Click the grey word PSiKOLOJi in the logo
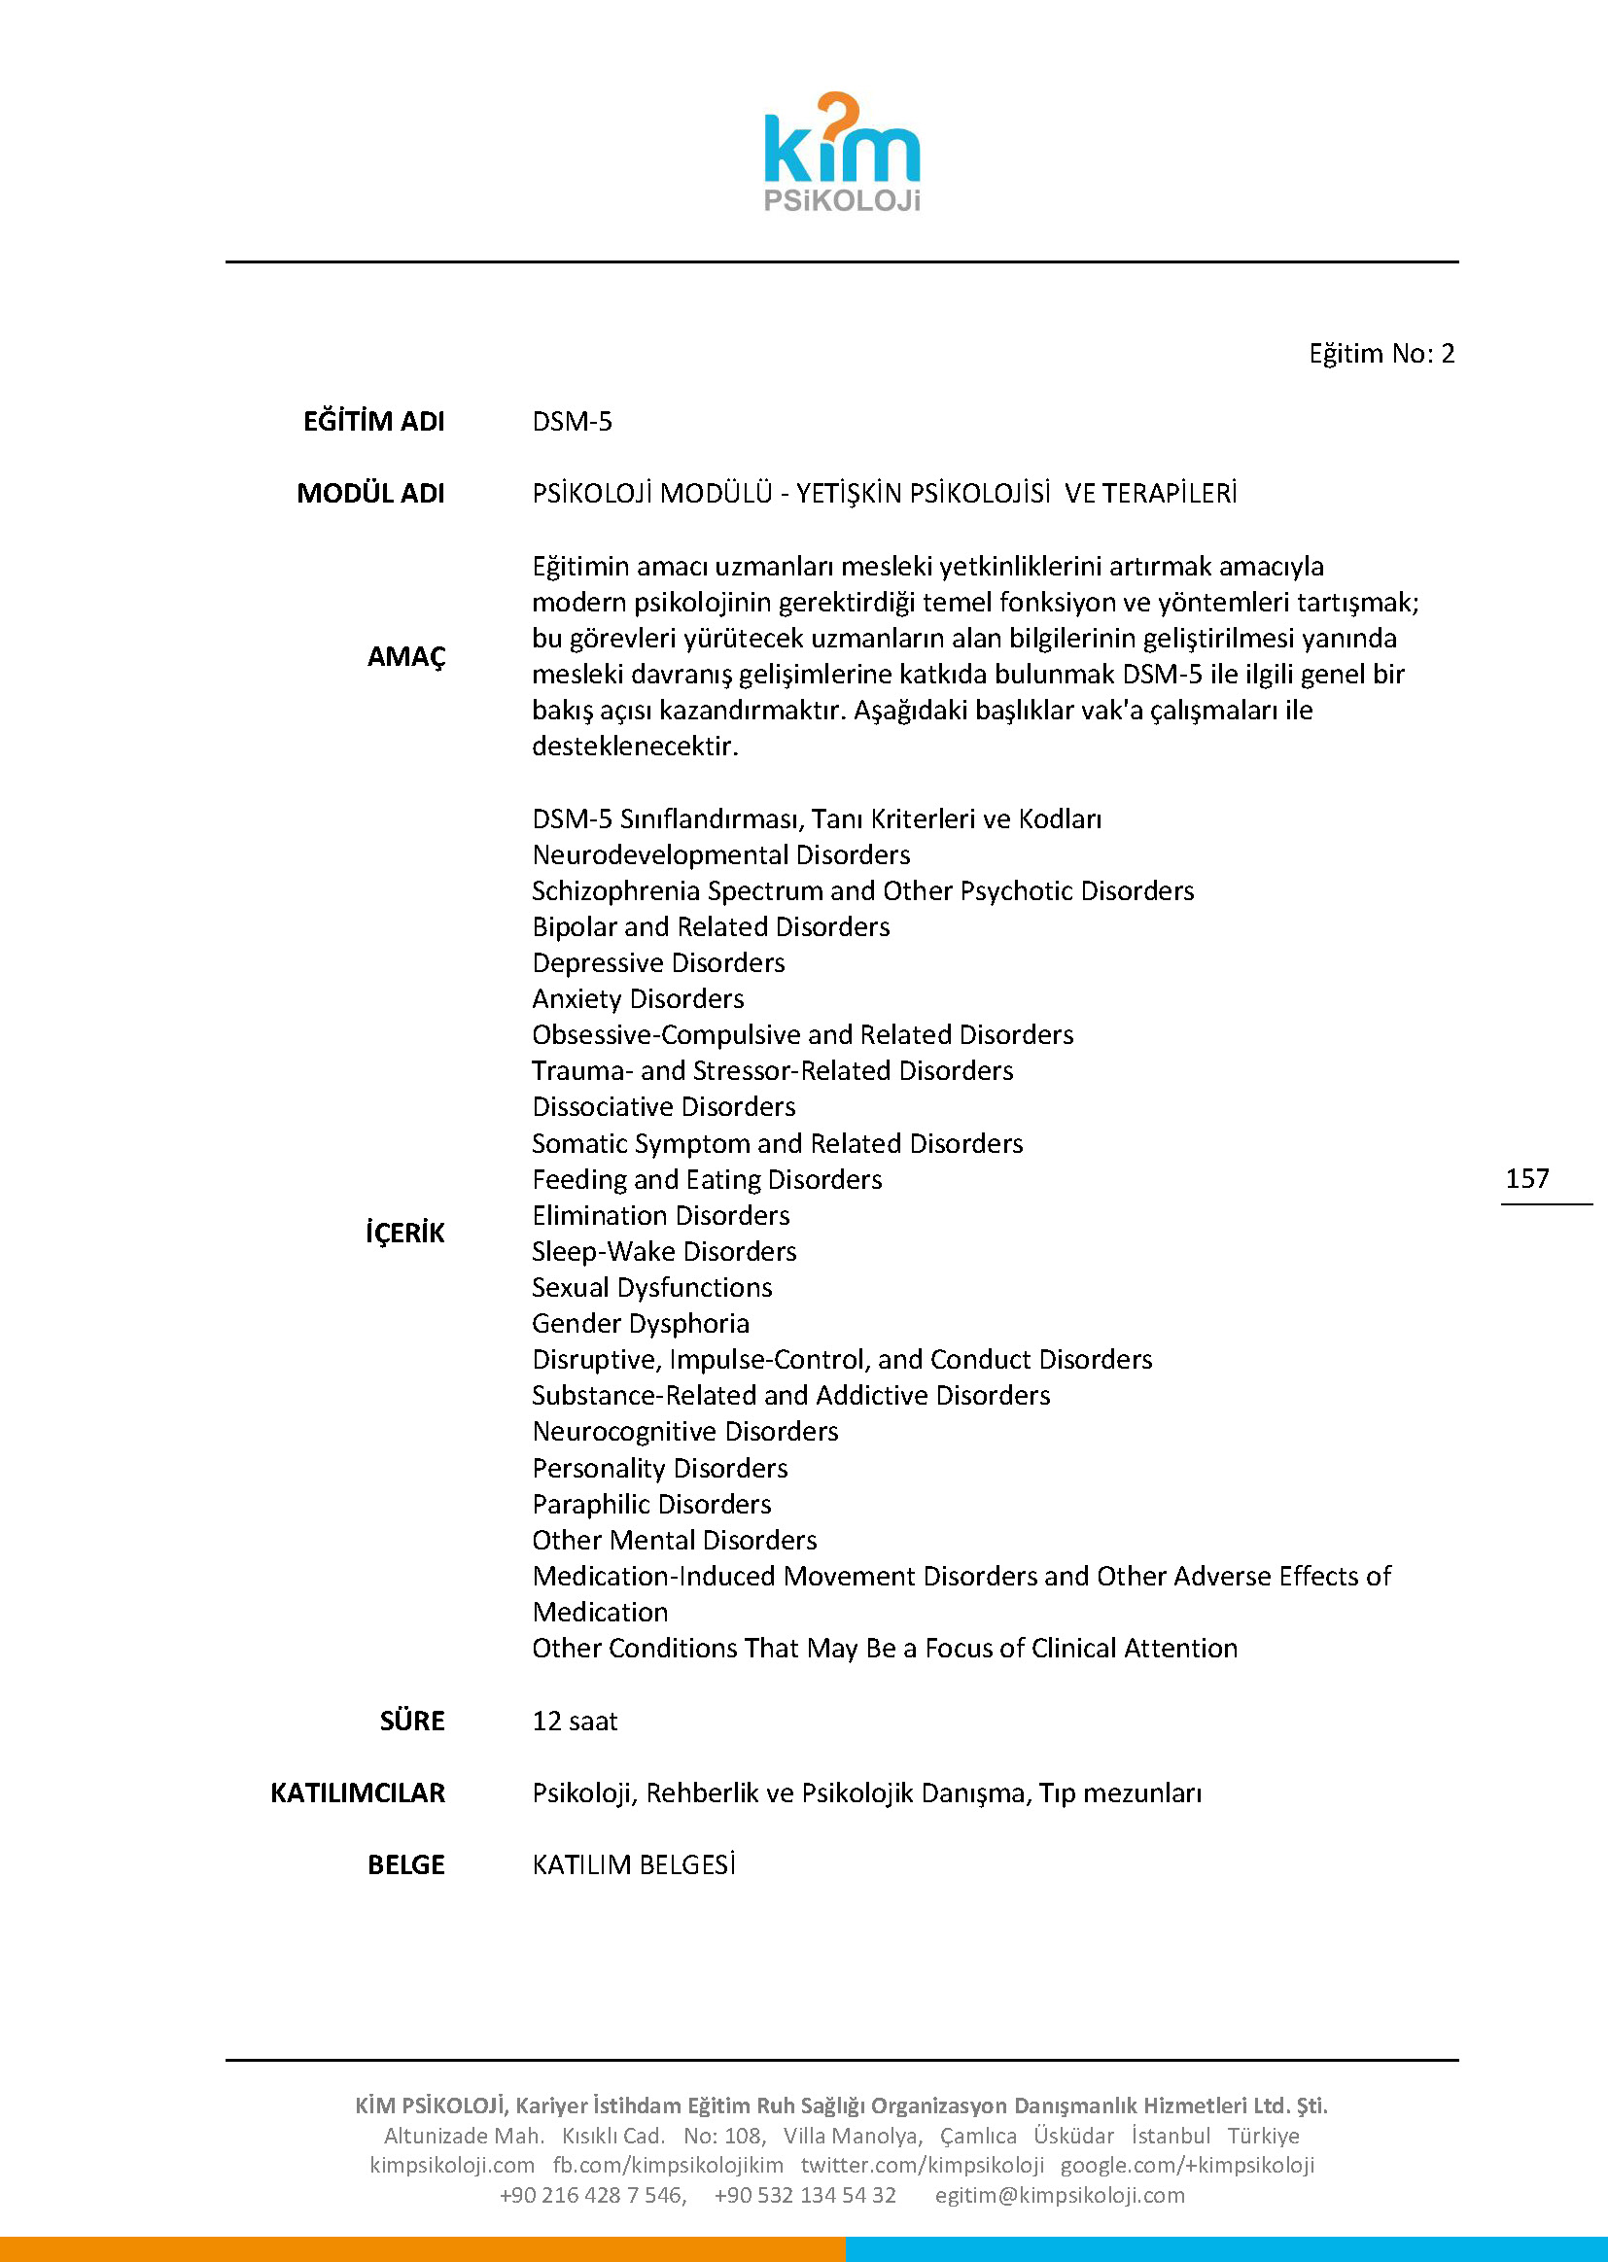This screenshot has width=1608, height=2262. (842, 201)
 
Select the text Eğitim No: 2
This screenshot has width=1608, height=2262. (1381, 354)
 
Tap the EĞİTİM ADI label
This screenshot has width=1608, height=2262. (373, 422)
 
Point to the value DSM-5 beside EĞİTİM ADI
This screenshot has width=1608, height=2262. (573, 422)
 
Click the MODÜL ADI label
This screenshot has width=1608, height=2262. (370, 493)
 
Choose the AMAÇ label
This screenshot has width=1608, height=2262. (406, 656)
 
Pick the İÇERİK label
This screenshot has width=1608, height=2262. (405, 1233)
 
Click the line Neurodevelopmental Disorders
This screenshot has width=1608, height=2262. (720, 854)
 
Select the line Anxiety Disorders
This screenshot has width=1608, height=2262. (638, 998)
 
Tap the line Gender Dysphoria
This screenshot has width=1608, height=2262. (641, 1323)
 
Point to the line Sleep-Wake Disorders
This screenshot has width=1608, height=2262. (663, 1251)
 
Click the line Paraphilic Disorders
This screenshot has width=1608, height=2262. (651, 1504)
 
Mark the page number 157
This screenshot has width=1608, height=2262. (1526, 1178)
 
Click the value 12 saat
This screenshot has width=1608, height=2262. (575, 1721)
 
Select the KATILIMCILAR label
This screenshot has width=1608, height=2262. (358, 1792)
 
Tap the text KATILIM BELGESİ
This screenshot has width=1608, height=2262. (634, 1865)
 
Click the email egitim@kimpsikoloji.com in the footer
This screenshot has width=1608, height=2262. (1060, 2195)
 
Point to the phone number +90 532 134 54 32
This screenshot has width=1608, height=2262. (805, 2195)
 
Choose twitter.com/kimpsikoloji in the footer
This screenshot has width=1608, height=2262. (922, 2165)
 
